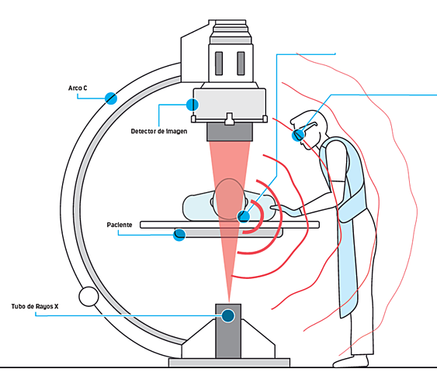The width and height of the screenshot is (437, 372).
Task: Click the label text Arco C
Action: pyautogui.click(x=82, y=89)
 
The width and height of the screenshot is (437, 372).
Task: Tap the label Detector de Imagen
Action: pyautogui.click(x=159, y=131)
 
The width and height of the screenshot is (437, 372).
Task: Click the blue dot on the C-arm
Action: pyautogui.click(x=111, y=98)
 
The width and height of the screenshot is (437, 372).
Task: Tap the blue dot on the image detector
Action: pyautogui.click(x=192, y=104)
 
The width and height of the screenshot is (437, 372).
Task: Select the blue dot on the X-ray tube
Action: pyautogui.click(x=227, y=315)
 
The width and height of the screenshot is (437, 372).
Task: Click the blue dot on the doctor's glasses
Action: pyautogui.click(x=298, y=135)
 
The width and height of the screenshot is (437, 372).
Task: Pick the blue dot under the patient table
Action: pyautogui.click(x=179, y=233)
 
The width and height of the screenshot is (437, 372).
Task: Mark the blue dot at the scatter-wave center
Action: pyautogui.click(x=243, y=216)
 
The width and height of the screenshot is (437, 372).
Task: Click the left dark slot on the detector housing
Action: pyautogui.click(x=219, y=64)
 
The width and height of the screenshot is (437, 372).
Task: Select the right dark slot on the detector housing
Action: pyautogui.click(x=241, y=64)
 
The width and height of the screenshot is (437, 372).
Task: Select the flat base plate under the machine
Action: pyautogui.click(x=229, y=361)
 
